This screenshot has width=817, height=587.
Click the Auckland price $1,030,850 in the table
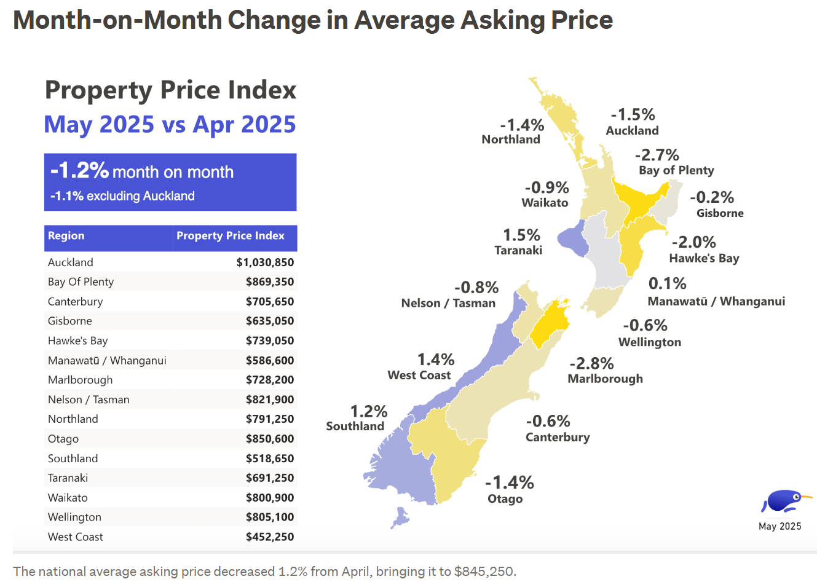click(265, 262)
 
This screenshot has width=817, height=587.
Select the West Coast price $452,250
click(270, 537)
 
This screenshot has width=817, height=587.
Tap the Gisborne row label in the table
click(70, 321)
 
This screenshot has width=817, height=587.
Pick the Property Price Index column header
click(231, 236)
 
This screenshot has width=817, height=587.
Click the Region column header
click(66, 236)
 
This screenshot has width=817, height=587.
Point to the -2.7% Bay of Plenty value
click(657, 155)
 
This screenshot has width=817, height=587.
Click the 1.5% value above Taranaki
click(521, 235)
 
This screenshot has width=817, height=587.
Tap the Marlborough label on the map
click(605, 379)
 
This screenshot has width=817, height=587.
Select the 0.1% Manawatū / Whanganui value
click(667, 284)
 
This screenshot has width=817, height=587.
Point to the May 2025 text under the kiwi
click(780, 526)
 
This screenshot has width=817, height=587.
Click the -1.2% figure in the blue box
click(79, 170)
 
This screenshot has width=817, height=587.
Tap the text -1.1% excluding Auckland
click(122, 196)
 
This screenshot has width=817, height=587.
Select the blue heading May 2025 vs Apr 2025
click(170, 124)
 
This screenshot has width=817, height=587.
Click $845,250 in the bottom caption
click(483, 572)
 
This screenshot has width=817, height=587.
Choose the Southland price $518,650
click(270, 459)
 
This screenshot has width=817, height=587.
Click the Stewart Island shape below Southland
click(400, 517)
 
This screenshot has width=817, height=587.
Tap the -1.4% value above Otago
click(509, 483)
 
